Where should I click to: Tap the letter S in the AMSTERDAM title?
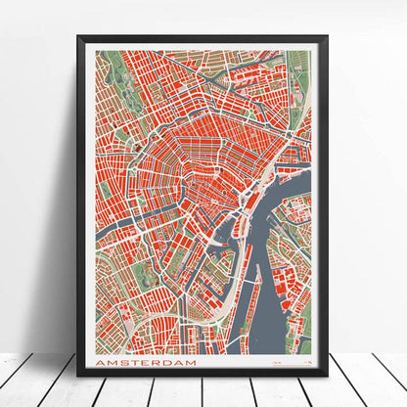pyautogui.click(x=126, y=363)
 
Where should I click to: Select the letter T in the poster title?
pyautogui.click(x=138, y=363)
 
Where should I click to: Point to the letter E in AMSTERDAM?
pyautogui.click(x=149, y=363)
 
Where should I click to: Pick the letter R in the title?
pyautogui.click(x=160, y=363)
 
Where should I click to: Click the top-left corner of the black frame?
pyautogui.click(x=78, y=37)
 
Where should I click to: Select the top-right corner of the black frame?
pyautogui.click(x=328, y=37)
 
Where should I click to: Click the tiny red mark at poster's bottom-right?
pyautogui.click(x=302, y=363)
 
